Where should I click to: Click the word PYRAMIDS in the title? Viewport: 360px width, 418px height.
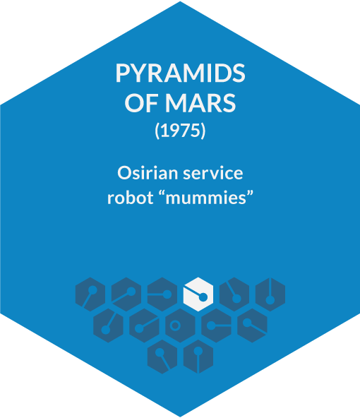tap(180, 73)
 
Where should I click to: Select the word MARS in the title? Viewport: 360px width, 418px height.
tap(200, 103)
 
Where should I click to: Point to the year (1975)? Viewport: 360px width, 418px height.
tap(180, 131)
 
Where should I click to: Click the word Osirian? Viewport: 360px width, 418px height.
tap(148, 173)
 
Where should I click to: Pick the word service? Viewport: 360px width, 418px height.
tap(213, 173)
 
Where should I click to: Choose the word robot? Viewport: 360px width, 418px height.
tap(131, 198)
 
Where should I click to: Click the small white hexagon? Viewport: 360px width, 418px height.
tap(198, 294)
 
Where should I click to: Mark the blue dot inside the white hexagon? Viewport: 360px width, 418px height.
tap(203, 297)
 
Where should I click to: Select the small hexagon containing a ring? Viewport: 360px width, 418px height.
tap(181, 326)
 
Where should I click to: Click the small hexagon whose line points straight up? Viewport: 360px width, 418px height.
tap(270, 294)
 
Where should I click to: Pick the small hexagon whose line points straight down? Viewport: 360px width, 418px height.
tap(198, 357)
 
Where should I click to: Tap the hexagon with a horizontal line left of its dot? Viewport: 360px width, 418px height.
tap(162, 294)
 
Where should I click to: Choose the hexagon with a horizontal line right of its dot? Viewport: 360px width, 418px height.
tap(217, 326)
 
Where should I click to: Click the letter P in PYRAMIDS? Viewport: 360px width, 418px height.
tap(121, 73)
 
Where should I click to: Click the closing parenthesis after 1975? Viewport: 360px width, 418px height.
tap(203, 131)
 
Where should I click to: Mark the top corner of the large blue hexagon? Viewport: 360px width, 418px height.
tap(180, 1)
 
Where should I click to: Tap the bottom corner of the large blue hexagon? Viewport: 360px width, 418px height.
tap(180, 417)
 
